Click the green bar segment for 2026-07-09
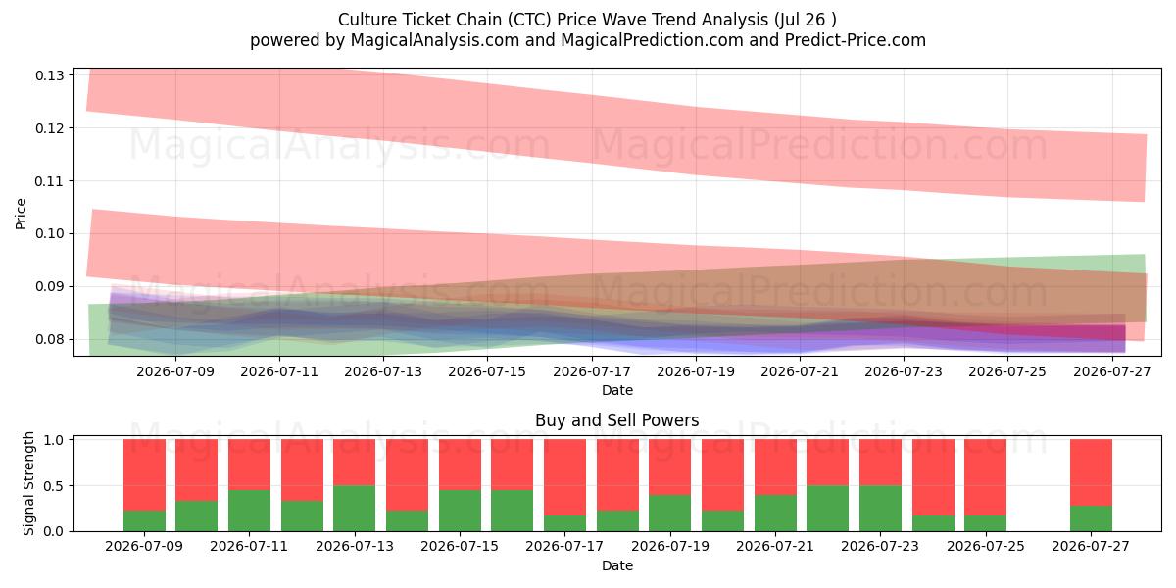pos(144,520)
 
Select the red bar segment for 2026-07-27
pos(1091,472)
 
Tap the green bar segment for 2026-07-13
pos(355,509)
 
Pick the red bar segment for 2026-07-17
pos(564,477)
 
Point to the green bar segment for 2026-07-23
pos(880,509)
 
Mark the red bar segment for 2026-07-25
pos(986,477)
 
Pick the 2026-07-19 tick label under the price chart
pos(696,371)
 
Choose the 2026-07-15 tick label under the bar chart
pos(460,546)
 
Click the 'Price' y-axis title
pos(21,214)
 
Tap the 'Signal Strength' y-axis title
pos(28,483)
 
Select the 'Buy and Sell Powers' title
pos(616,420)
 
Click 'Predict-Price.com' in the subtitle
pos(856,40)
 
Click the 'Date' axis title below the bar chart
pos(616,565)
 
